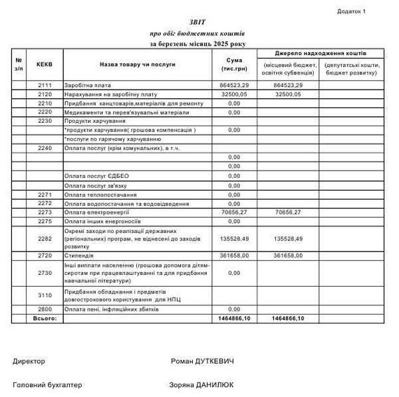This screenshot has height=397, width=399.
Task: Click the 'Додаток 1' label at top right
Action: point(351,11)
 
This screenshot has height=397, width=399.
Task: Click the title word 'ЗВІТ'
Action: point(198,22)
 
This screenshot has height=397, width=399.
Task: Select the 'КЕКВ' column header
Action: point(45,64)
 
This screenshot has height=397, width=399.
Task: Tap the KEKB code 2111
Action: point(45,86)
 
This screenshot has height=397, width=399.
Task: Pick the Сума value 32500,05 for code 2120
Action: point(233,94)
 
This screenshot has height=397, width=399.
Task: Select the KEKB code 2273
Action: point(45,212)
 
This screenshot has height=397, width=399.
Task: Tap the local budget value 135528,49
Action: point(288,238)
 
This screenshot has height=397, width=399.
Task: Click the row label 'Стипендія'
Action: point(79,255)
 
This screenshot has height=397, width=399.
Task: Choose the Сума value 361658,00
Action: point(233,255)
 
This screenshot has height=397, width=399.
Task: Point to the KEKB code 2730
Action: point(45,272)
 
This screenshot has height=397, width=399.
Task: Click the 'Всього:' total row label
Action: point(45,319)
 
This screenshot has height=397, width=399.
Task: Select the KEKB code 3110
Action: point(45,295)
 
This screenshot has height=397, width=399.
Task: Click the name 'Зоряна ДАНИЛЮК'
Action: point(202,384)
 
